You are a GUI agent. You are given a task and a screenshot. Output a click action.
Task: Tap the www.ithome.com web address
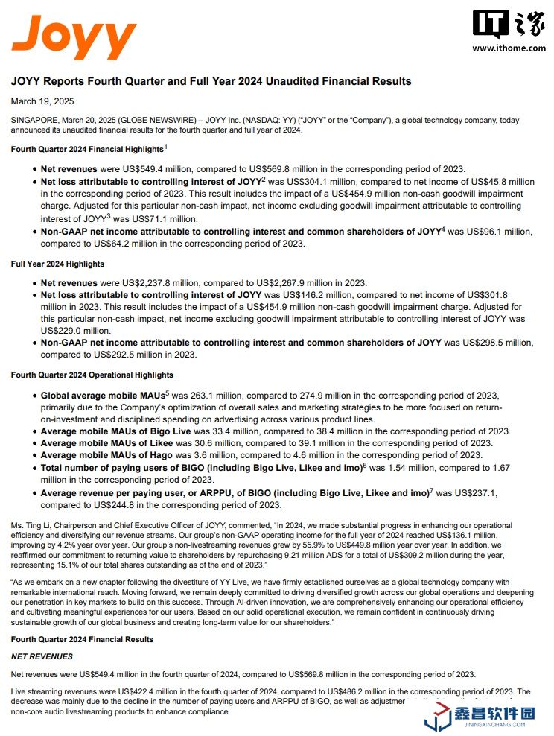[x=509, y=48]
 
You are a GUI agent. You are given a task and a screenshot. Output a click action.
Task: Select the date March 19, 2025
[x=42, y=101]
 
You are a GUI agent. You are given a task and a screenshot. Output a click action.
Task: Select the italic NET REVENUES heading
[x=42, y=657]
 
